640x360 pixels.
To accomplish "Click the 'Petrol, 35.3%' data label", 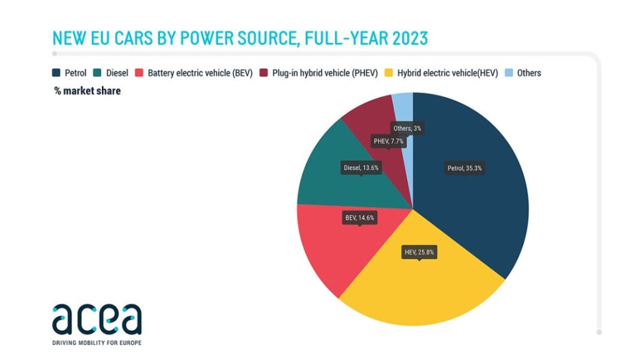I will [x=464, y=168].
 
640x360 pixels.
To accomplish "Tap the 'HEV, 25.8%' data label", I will [x=419, y=252].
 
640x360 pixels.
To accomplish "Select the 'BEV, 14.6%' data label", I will [x=359, y=218].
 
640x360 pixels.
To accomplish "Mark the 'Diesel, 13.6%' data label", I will [x=361, y=167].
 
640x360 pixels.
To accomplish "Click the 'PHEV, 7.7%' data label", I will [x=389, y=142].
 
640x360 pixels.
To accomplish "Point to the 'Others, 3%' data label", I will [x=407, y=128].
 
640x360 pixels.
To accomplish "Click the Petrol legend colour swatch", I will [x=56, y=73].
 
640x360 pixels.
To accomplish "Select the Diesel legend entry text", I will [x=117, y=73].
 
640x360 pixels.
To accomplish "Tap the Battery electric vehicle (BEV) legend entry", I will [x=199, y=73].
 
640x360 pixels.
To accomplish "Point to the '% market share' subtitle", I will [x=87, y=91].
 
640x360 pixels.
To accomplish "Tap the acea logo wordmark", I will [x=97, y=319].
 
